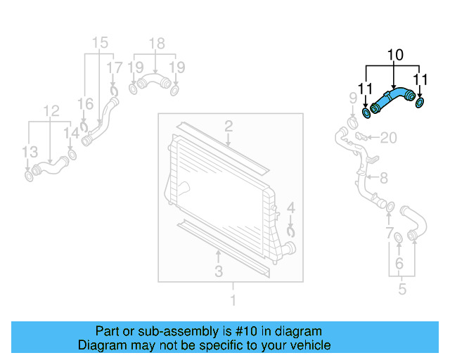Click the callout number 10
click(395, 54)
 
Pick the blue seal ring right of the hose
click(420, 104)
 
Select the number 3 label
click(219, 271)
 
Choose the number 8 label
click(384, 179)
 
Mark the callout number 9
click(354, 97)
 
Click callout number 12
click(51, 110)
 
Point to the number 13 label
click(29, 152)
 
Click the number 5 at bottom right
click(402, 288)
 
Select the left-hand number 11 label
click(364, 89)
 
